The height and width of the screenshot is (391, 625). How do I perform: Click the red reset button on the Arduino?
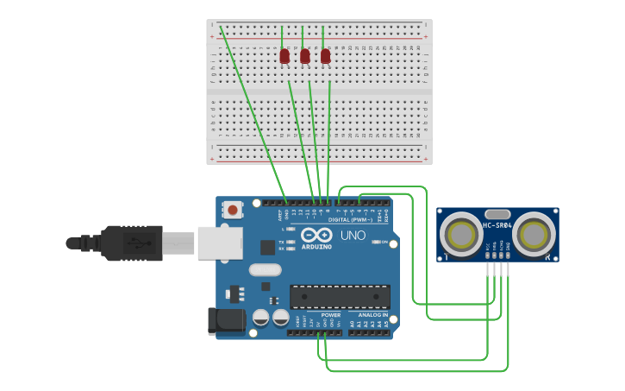[232, 209]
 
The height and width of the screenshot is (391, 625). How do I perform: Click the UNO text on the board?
[353, 235]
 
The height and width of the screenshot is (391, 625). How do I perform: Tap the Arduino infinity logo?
[317, 235]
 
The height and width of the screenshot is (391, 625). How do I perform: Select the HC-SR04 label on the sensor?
[497, 225]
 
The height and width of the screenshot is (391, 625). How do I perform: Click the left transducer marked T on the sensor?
[460, 234]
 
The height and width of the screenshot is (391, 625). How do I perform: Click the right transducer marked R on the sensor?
[534, 233]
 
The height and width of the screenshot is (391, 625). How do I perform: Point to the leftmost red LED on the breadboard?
[284, 56]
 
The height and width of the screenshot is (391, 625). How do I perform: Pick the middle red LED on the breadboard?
[304, 56]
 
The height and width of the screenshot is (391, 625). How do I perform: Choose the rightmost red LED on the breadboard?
[325, 56]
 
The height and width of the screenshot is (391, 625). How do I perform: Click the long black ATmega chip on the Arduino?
[340, 296]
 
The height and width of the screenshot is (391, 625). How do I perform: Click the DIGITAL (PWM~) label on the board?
[350, 219]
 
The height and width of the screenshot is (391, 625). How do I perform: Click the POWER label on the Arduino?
[331, 315]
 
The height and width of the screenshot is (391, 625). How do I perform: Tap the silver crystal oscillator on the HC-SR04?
[497, 214]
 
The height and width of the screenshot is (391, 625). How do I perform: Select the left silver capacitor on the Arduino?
[260, 317]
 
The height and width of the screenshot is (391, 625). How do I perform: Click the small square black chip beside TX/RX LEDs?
[267, 247]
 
